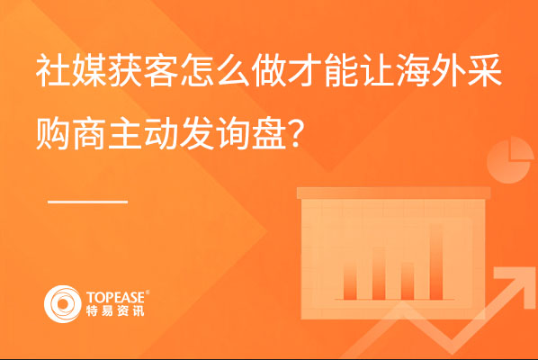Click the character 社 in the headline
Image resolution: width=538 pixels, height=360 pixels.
tap(53, 71)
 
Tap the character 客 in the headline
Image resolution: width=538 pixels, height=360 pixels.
tap(161, 71)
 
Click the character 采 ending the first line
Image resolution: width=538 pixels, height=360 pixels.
tap(485, 71)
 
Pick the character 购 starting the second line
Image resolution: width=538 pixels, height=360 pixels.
tap(53, 133)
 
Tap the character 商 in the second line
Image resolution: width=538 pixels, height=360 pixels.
tap(89, 133)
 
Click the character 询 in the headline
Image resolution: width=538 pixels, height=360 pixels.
tap(233, 133)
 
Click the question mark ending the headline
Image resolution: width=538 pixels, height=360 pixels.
tap(297, 133)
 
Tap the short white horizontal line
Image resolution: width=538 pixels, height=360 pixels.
tap(88, 202)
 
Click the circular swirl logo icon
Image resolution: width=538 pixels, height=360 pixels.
tap(62, 304)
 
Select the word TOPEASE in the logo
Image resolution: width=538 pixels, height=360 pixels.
tap(116, 297)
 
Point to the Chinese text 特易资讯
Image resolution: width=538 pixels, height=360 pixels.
tap(115, 311)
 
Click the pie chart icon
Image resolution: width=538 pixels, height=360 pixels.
tap(510, 160)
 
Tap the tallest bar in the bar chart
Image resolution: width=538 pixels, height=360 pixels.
tap(436, 262)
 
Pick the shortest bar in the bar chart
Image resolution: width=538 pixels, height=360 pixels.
tap(408, 281)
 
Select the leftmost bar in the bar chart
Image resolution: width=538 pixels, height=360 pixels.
tap(350, 280)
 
